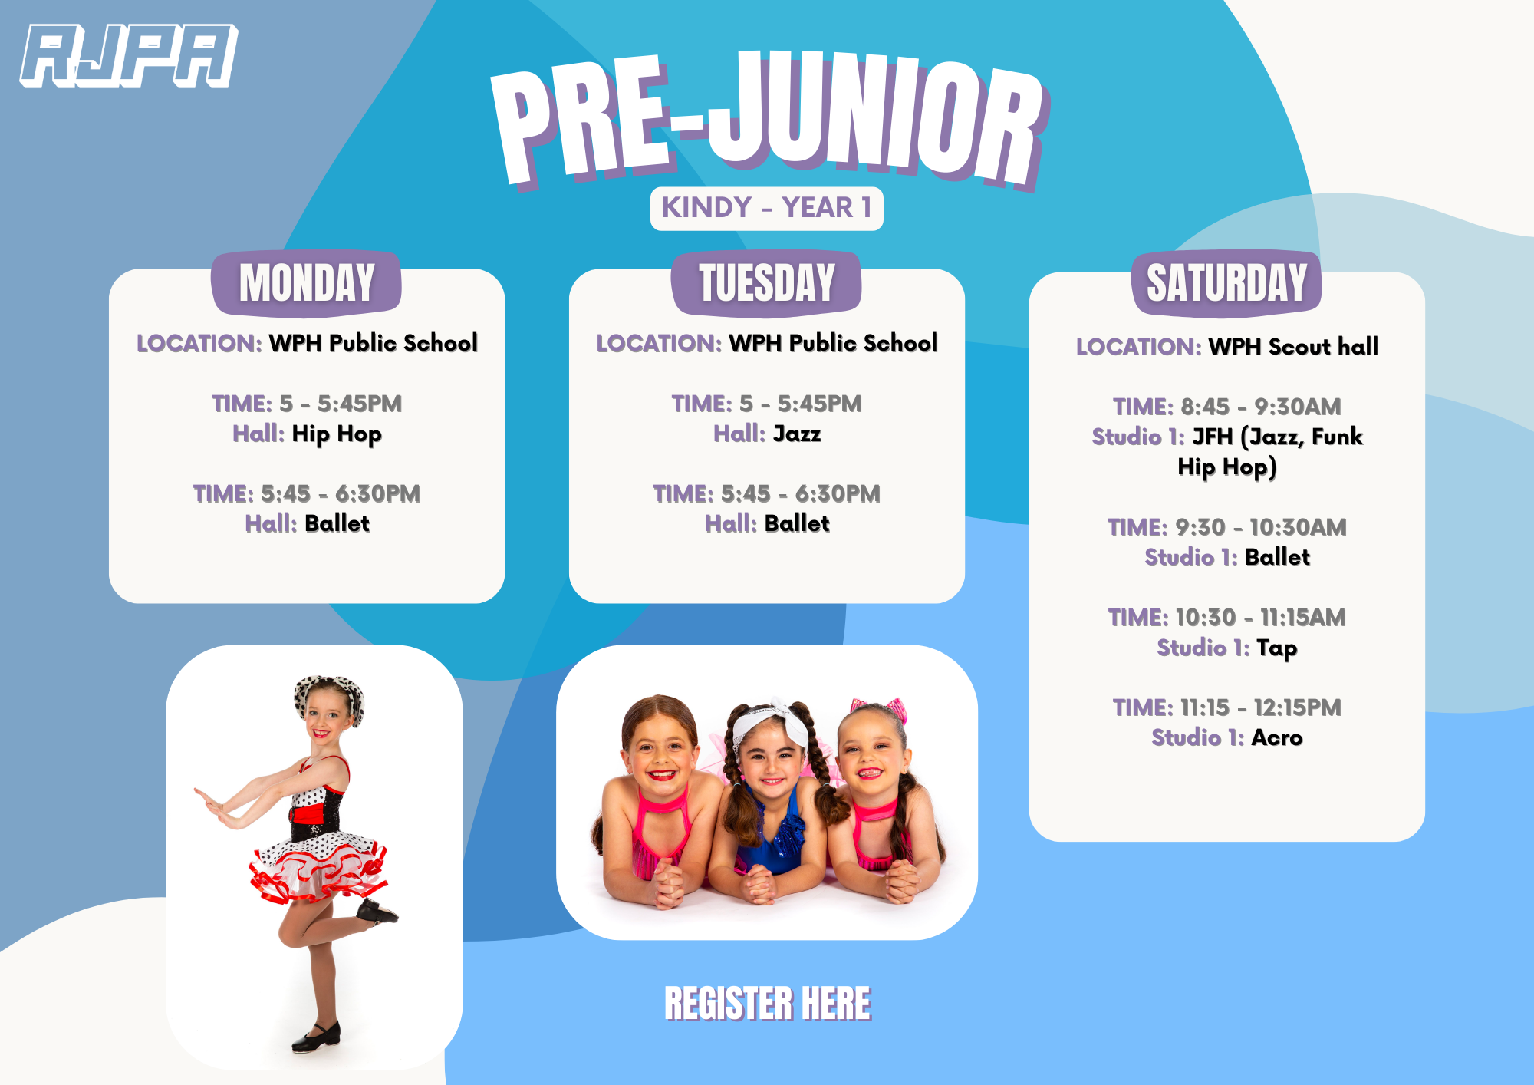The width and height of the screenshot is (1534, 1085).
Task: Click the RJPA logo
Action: [128, 55]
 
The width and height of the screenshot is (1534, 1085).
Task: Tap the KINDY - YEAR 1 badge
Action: [766, 208]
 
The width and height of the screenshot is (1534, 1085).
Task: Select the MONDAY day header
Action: [306, 282]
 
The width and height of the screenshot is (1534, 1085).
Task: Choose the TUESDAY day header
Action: [766, 282]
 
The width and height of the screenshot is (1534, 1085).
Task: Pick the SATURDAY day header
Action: [1226, 282]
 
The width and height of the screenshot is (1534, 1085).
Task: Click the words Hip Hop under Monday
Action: [337, 434]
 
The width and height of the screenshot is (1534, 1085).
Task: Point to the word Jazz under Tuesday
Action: [797, 434]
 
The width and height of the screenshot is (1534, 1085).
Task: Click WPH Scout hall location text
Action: [1293, 347]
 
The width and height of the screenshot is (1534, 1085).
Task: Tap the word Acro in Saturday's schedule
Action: [1277, 738]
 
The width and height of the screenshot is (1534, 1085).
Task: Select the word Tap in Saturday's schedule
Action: [1277, 648]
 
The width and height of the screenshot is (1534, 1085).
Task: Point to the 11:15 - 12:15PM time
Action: [1261, 707]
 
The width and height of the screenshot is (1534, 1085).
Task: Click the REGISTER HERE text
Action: [768, 1004]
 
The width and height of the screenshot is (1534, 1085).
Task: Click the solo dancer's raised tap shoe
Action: [378, 912]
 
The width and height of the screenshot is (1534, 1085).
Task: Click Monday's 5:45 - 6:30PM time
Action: [341, 494]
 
